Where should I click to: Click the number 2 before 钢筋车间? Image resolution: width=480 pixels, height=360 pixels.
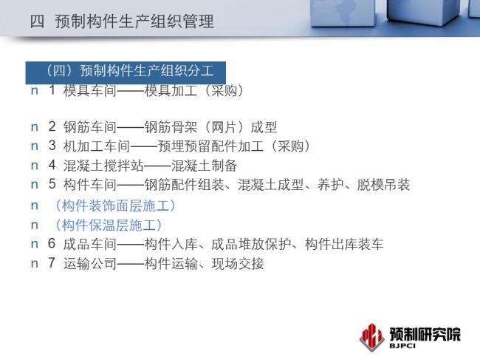coord(52,126)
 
